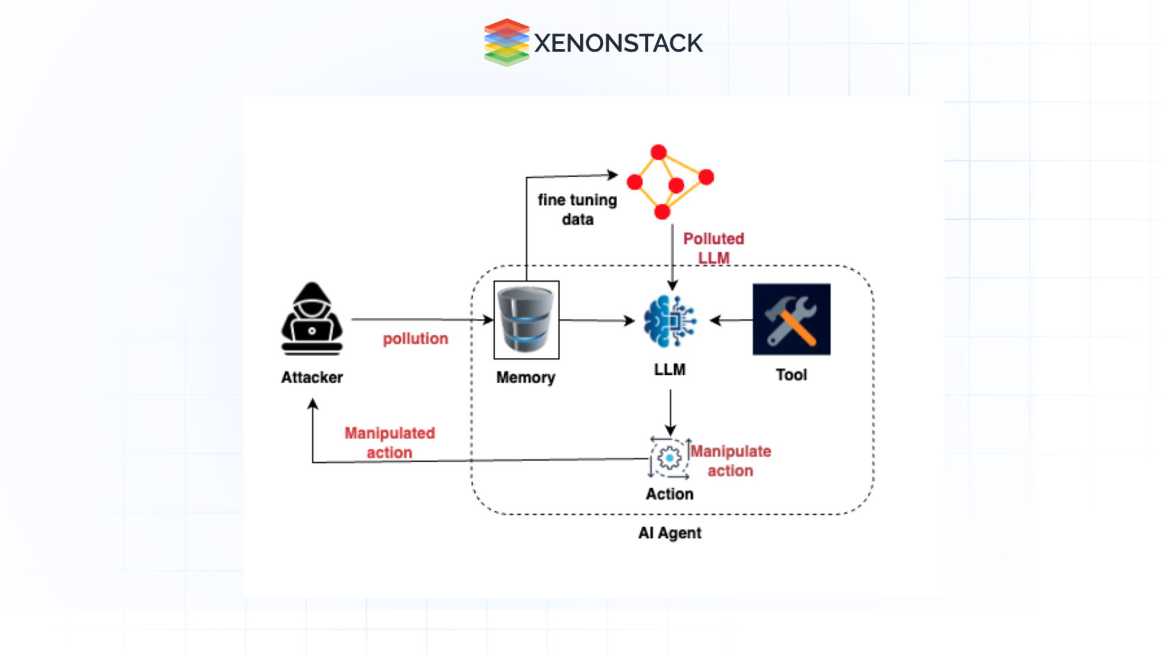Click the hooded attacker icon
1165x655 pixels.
pos(312,319)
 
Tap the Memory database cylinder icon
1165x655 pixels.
pos(526,320)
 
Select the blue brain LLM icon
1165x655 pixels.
pos(669,321)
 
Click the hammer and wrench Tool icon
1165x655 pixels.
pos(791,319)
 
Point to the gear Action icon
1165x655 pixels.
pos(669,458)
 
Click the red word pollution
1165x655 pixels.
pos(416,338)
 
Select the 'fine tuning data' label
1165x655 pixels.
pos(577,209)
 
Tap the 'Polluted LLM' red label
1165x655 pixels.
pos(714,247)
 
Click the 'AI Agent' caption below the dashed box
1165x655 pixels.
pos(669,532)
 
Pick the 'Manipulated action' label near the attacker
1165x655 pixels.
pos(390,443)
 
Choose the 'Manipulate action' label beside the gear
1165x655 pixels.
pos(731,461)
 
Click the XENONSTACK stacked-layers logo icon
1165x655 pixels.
pos(507,42)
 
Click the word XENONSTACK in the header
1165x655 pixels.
pos(618,43)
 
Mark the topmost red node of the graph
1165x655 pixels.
pos(658,152)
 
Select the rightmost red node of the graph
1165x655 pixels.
pos(706,177)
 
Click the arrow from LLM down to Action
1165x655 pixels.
pos(670,412)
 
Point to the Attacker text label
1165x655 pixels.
pos(312,377)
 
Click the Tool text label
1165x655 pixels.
pos(791,375)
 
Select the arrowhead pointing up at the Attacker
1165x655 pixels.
pos(313,404)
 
